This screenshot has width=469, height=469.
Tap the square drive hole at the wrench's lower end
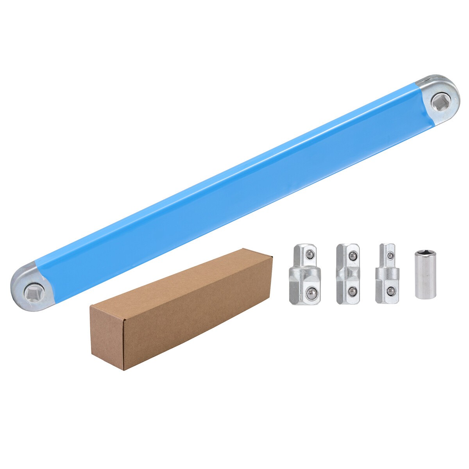[x=31, y=291]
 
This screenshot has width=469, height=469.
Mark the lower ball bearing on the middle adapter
[x=352, y=291]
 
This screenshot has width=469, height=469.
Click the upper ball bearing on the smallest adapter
[x=390, y=255]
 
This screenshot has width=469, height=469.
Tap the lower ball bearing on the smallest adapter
[x=390, y=291]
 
